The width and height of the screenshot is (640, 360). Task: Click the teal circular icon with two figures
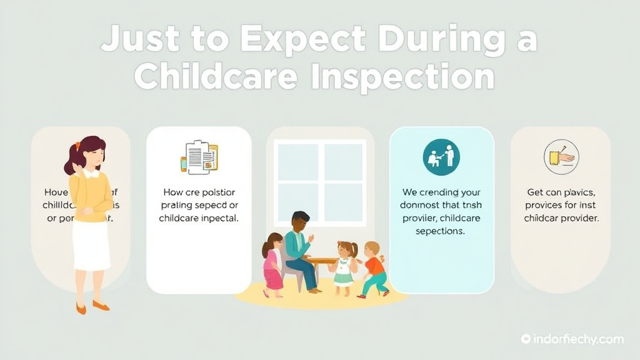click(441, 157)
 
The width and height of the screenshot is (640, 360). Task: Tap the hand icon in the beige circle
click(561, 156)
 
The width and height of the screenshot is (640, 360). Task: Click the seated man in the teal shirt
click(299, 247)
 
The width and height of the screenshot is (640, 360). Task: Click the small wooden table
click(321, 261)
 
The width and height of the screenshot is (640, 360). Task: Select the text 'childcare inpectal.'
click(198, 218)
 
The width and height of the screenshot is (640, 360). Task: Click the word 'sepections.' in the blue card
click(441, 231)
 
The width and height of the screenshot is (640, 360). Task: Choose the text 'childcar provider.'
click(561, 218)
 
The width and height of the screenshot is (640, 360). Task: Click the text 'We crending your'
click(441, 192)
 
